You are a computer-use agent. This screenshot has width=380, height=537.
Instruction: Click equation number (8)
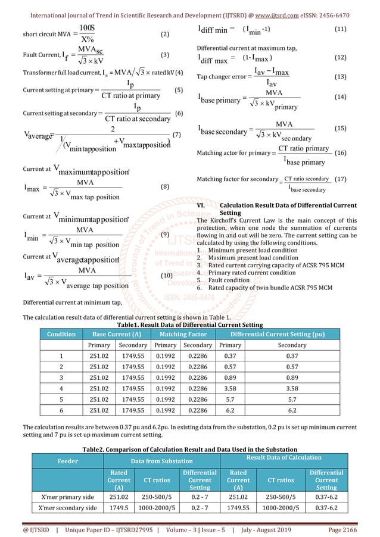point(166,187)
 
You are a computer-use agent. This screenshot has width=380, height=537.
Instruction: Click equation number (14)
point(341,96)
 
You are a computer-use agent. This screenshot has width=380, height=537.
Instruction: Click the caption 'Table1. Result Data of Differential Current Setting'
point(189,325)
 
